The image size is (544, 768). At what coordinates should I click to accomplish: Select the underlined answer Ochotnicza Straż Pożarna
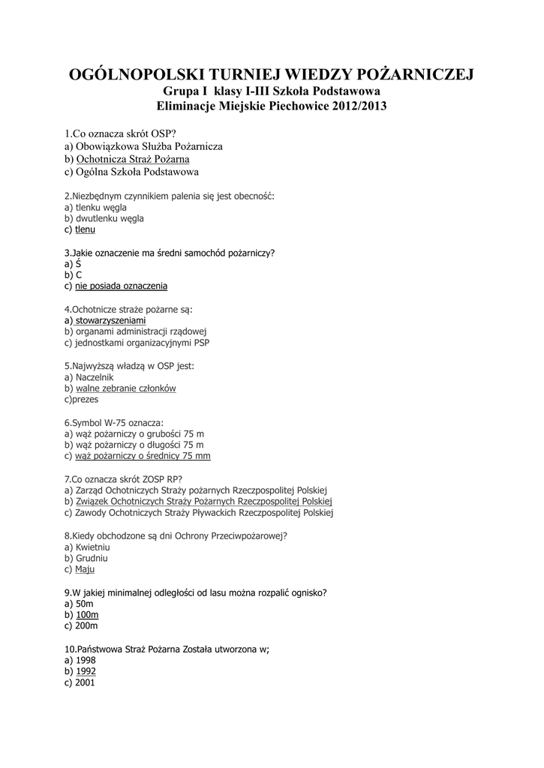tap(133, 159)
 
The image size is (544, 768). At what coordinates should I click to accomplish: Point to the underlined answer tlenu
tap(86, 229)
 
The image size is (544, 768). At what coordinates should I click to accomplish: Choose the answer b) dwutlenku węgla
tap(110, 218)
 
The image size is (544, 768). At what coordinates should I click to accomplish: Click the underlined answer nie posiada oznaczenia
tap(122, 286)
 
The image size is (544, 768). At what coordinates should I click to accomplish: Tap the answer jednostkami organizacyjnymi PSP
tap(143, 343)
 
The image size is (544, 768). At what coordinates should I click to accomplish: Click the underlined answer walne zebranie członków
tap(126, 388)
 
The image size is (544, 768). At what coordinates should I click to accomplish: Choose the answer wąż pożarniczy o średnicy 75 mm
tap(143, 455)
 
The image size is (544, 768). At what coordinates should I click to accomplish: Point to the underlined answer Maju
tap(86, 569)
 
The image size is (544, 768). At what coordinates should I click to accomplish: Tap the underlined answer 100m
tap(87, 614)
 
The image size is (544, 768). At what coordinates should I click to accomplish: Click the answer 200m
tap(87, 625)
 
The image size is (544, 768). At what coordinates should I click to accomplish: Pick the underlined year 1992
tap(86, 671)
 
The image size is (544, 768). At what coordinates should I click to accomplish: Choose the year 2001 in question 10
tap(86, 682)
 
